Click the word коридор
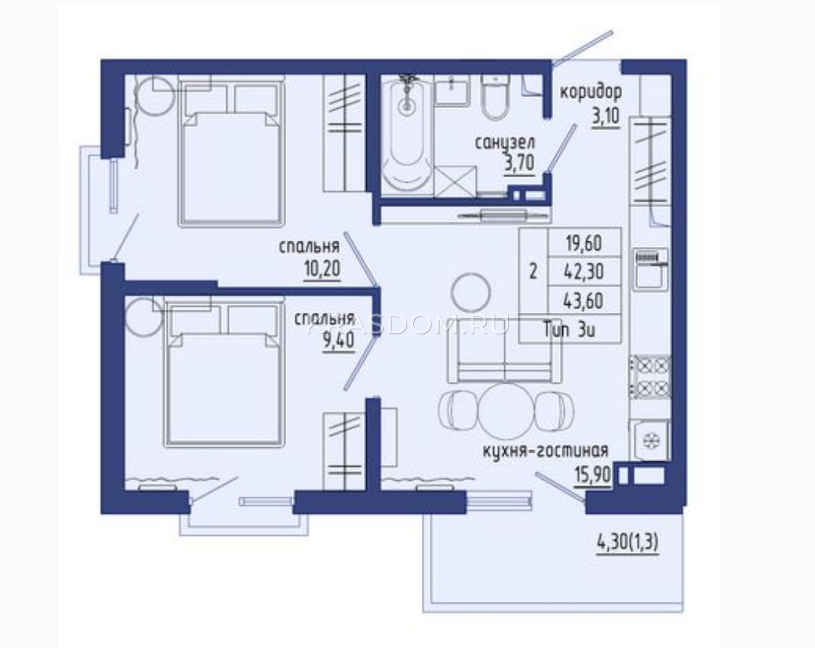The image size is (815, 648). (591, 93)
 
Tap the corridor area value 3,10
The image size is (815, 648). (606, 118)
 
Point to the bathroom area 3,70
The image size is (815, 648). (519, 163)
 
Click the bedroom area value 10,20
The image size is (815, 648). (322, 269)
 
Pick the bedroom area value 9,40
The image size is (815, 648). (339, 342)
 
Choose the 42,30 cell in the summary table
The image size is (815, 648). (585, 272)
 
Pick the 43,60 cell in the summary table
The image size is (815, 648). (585, 301)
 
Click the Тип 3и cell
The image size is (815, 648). (569, 330)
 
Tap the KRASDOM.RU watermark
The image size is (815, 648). (407, 326)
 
